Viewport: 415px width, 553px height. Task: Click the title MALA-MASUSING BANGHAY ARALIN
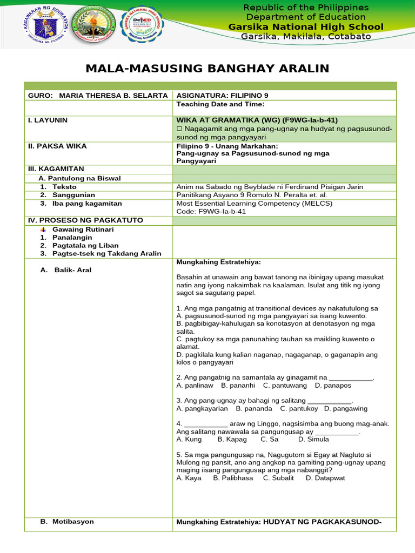point(207,68)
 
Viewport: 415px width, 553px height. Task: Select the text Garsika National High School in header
point(306,27)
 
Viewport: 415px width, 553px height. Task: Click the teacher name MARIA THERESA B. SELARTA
point(113,96)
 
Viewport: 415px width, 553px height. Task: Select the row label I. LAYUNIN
point(48,120)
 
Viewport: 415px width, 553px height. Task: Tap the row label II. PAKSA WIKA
point(57,146)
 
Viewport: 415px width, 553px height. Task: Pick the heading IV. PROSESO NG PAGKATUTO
point(85,220)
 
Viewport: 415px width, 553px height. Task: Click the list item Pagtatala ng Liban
point(85,245)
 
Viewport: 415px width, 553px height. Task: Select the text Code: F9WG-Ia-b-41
point(211,211)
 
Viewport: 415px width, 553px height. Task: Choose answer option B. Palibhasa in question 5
point(233,478)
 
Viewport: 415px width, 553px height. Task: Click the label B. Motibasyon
point(67,522)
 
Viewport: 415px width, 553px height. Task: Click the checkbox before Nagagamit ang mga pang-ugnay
point(180,130)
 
